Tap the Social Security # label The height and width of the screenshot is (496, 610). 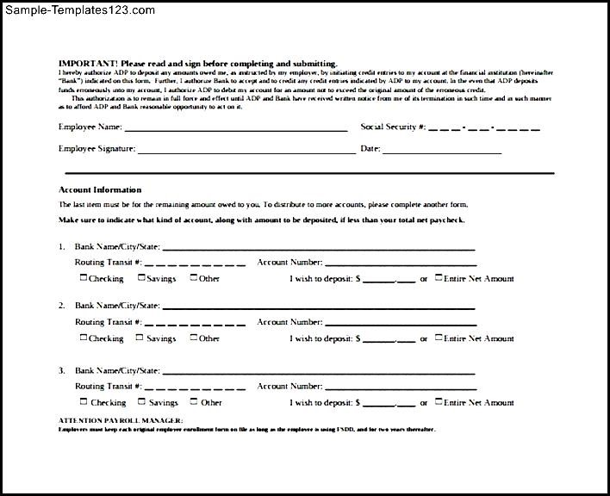391,127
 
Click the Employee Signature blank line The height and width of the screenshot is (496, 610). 246,151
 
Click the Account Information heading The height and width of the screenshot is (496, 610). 100,189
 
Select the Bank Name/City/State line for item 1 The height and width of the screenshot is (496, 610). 319,248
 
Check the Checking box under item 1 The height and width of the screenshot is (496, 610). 84,277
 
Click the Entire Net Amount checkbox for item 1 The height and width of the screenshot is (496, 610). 439,277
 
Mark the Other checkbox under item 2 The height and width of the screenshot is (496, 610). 193,338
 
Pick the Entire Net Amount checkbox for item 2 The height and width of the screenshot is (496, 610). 439,338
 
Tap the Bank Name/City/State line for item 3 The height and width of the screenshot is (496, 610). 319,373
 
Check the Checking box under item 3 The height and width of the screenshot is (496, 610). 84,401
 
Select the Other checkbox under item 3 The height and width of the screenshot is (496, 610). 193,401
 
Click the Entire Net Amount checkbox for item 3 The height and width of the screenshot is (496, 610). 439,401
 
